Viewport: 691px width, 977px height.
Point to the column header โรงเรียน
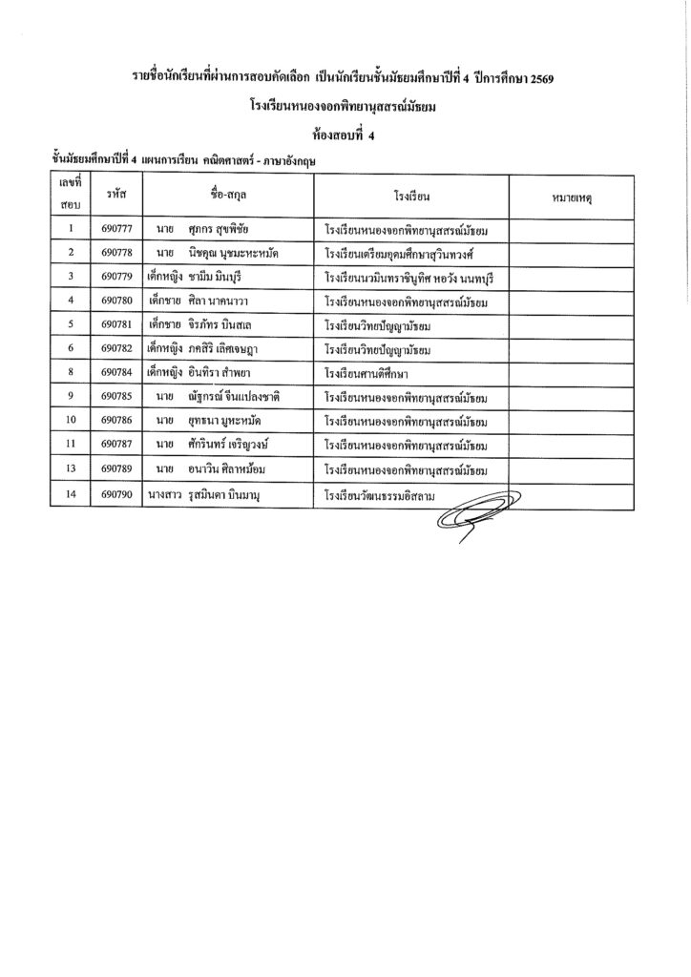point(412,196)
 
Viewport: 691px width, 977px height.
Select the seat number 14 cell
point(72,496)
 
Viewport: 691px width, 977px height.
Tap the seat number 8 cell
point(72,372)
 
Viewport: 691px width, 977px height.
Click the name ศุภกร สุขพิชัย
point(225,230)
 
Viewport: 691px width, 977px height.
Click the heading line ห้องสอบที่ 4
point(345,135)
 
